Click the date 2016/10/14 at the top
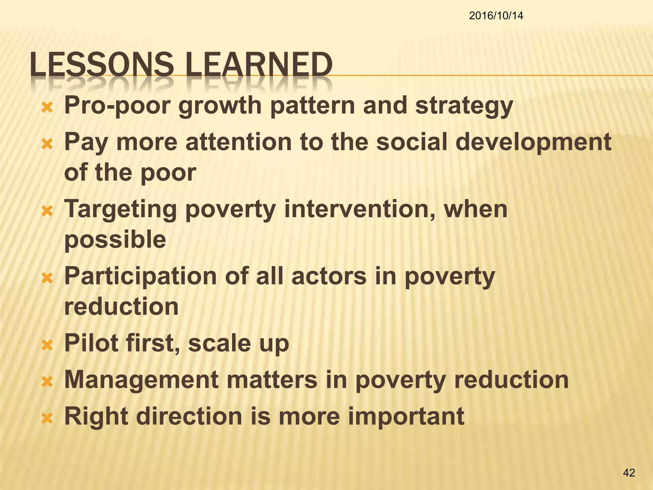click(x=496, y=16)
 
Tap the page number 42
click(x=629, y=473)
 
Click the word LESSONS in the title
click(x=102, y=65)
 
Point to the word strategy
click(x=464, y=106)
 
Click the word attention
click(x=238, y=142)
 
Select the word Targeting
click(x=121, y=210)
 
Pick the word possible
click(x=115, y=240)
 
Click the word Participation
click(x=141, y=277)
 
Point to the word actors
click(x=329, y=276)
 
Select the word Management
click(x=142, y=380)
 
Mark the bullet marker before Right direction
click(x=47, y=418)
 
